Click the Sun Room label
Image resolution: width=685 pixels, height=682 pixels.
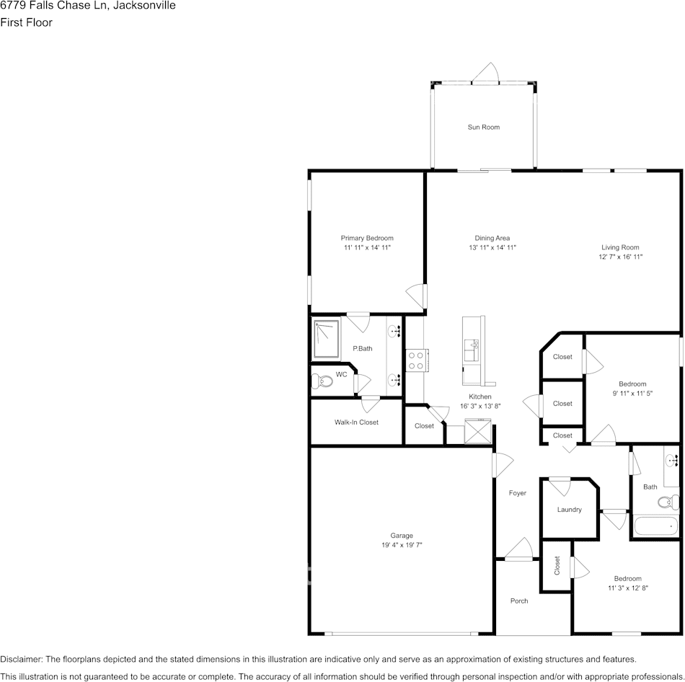[483, 128]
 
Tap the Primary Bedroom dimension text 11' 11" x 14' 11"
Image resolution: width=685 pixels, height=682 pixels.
[367, 248]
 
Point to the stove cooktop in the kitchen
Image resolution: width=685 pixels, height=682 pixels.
[416, 360]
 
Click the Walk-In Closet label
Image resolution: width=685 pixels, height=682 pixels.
[356, 422]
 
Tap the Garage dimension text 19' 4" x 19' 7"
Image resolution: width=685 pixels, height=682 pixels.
[402, 546]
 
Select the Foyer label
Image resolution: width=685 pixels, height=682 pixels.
[517, 494]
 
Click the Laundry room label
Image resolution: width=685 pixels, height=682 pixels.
[569, 510]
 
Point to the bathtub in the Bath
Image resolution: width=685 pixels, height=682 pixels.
[656, 526]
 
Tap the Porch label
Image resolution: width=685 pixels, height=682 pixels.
[519, 601]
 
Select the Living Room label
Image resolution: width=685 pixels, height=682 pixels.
[620, 248]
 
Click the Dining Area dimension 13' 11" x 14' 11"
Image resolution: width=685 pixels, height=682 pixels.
[492, 248]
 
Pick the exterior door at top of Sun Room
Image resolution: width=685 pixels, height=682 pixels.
[485, 75]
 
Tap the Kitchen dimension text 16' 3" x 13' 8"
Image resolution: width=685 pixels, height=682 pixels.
[480, 407]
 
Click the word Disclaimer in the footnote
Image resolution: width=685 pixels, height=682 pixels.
[21, 660]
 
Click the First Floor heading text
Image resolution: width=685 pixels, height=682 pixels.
[26, 22]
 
